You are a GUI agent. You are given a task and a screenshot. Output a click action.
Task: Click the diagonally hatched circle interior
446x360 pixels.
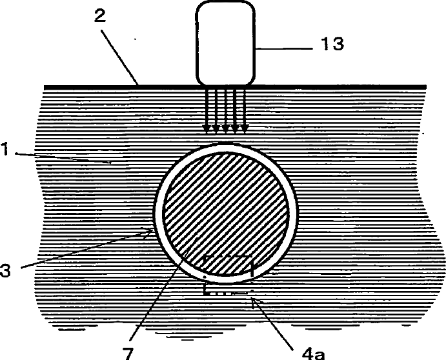coord(226,200)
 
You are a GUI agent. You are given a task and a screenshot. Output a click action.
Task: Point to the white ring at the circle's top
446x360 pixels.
coord(226,146)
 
